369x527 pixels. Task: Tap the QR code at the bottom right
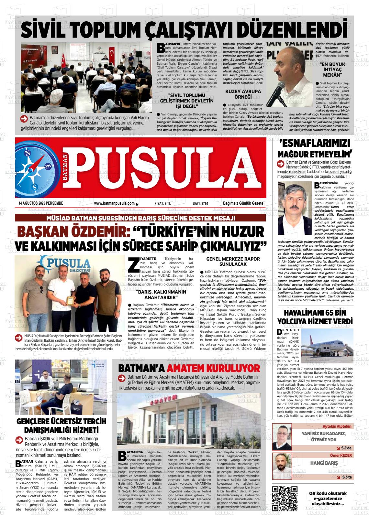285,498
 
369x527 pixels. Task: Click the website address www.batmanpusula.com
114,203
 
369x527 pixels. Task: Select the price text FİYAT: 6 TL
163,203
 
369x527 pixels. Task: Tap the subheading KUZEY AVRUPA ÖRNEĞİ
243,94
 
